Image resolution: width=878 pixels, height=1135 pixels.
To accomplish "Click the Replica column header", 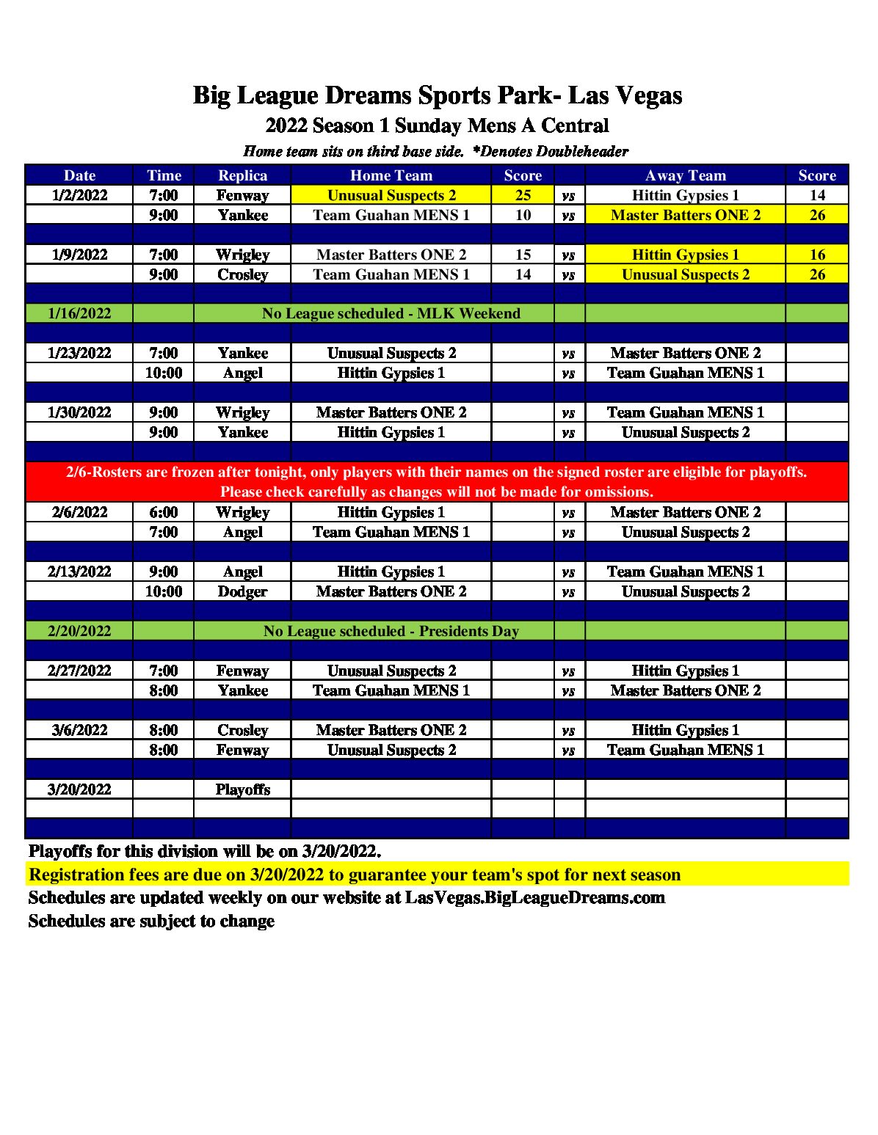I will click(x=242, y=175).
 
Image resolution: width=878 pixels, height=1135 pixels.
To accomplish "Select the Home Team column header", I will click(x=391, y=175).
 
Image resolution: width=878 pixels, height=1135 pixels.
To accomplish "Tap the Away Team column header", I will click(x=685, y=175).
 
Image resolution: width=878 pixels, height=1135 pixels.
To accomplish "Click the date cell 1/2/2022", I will click(x=79, y=195).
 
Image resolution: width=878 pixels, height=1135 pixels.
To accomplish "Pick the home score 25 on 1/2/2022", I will click(x=523, y=195).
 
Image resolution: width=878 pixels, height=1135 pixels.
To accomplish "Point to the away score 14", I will click(x=817, y=195).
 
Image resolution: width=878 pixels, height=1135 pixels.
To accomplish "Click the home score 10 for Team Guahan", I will click(x=523, y=215).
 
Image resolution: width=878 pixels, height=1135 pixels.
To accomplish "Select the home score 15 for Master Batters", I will click(x=523, y=255).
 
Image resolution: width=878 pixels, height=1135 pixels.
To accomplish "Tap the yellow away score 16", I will click(x=817, y=255).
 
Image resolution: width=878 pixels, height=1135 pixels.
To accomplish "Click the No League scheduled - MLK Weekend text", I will click(x=391, y=313).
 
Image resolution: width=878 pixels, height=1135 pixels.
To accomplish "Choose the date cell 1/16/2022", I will click(x=79, y=313).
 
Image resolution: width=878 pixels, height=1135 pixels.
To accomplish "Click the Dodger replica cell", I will click(x=242, y=591).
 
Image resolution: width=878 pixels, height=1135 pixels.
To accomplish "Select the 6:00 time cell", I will click(x=164, y=512).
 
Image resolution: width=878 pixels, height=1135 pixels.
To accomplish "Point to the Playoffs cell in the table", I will click(x=242, y=789).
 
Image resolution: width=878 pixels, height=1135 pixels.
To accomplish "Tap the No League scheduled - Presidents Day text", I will click(x=391, y=631).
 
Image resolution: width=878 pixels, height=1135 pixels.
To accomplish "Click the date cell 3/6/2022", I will click(x=79, y=730).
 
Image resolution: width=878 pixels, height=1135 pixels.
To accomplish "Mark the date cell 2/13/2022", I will click(x=79, y=572).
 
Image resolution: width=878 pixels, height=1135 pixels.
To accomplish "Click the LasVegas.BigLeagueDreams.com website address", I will click(x=534, y=898).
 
